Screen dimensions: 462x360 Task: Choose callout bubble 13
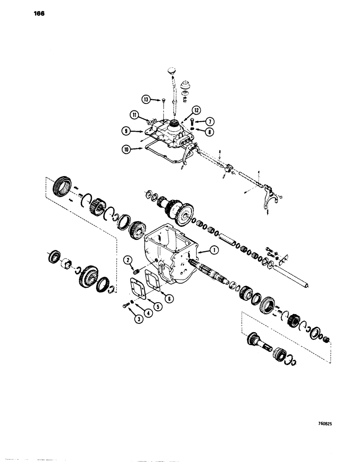146,99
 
